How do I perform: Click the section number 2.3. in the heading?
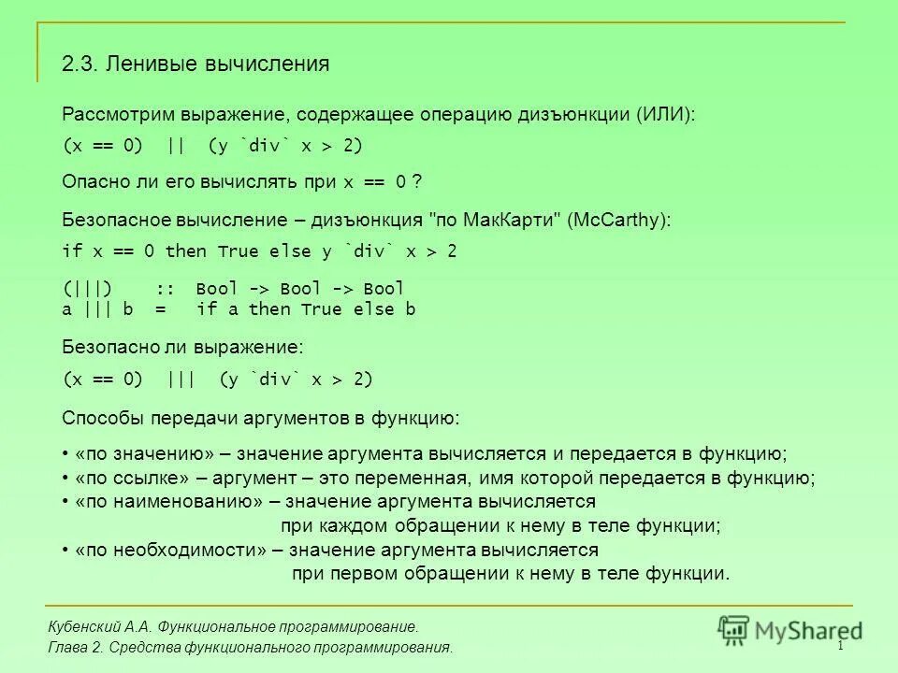pos(80,64)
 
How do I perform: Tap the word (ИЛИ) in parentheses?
pos(667,115)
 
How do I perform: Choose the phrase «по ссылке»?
pos(133,479)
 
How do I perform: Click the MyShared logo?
pos(791,628)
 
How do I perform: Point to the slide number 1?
pos(840,647)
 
